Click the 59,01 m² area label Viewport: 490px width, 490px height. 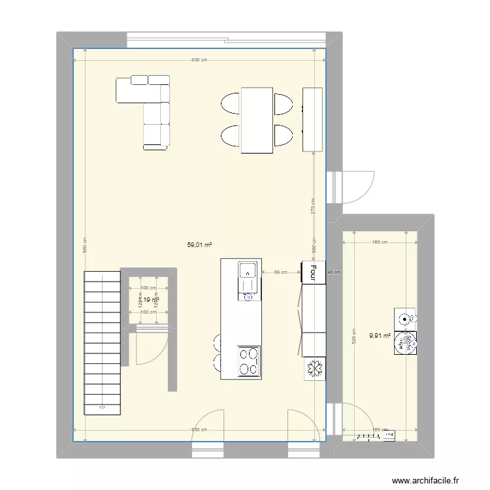click(x=200, y=245)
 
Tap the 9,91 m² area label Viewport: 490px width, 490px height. click(x=380, y=336)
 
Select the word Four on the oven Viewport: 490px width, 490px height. click(x=313, y=272)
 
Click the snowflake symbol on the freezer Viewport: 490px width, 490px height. click(x=314, y=369)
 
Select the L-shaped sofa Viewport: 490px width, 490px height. click(x=147, y=107)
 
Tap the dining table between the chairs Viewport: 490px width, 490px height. click(x=257, y=120)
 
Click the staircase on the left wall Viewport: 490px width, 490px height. click(x=102, y=343)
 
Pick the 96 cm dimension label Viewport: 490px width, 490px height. click(x=280, y=272)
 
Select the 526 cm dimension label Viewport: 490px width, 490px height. click(x=353, y=336)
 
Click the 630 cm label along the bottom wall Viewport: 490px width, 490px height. click(x=199, y=430)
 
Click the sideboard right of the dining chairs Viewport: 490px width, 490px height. click(x=312, y=120)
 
